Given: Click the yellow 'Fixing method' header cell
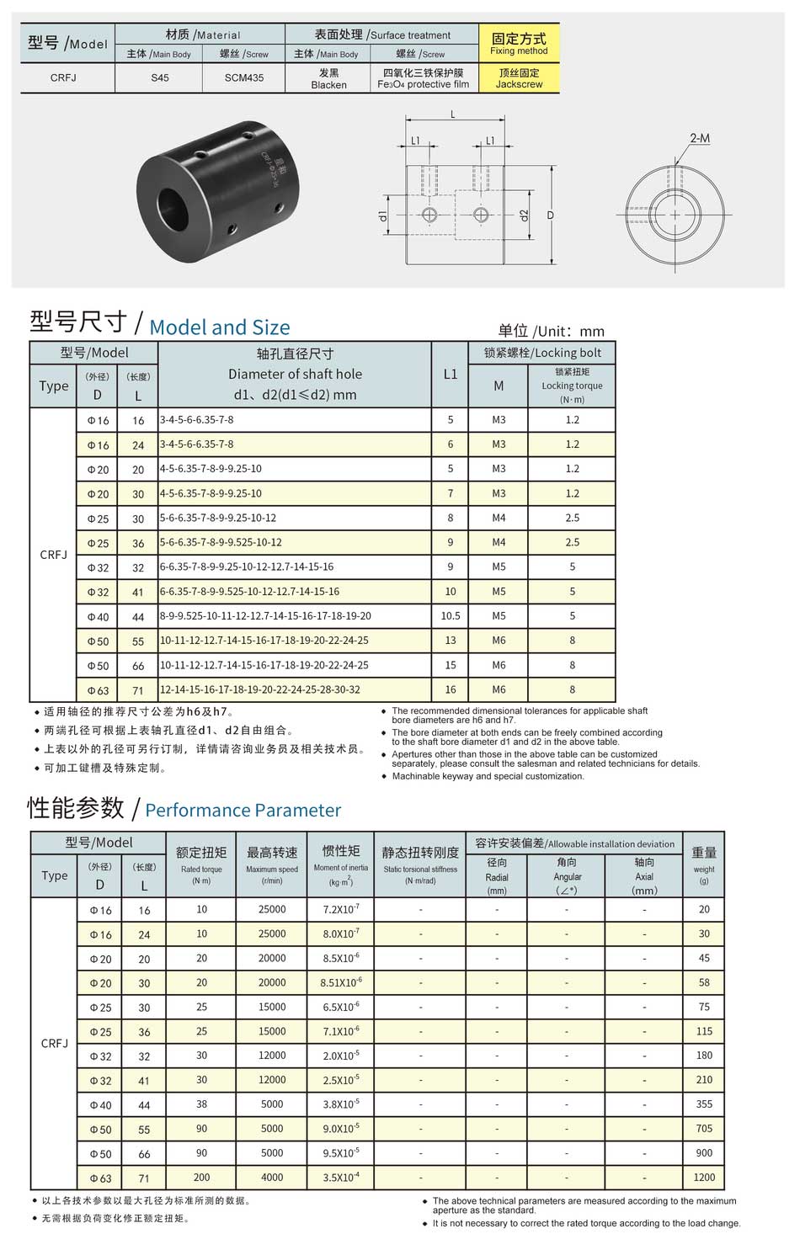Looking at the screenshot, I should pyautogui.click(x=519, y=44).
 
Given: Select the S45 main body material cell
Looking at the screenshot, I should pyautogui.click(x=159, y=77).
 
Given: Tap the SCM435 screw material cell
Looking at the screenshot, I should pyautogui.click(x=243, y=77).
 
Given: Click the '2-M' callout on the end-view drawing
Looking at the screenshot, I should pyautogui.click(x=699, y=138).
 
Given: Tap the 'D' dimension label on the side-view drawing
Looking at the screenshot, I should pyautogui.click(x=551, y=215).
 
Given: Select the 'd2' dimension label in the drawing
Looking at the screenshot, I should pyautogui.click(x=524, y=215).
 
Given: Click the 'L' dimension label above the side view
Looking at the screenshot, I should pyautogui.click(x=453, y=114).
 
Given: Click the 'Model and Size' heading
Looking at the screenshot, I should pyautogui.click(x=219, y=327).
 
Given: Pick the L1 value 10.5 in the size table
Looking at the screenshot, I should pyautogui.click(x=451, y=615).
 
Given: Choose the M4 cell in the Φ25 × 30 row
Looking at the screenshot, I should pyautogui.click(x=499, y=518).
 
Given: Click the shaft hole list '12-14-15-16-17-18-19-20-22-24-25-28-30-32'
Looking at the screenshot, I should pyautogui.click(x=260, y=689).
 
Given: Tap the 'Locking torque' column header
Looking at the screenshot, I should pyautogui.click(x=572, y=385).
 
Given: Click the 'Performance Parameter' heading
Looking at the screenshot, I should pyautogui.click(x=243, y=810).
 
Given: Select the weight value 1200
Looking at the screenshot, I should pyautogui.click(x=704, y=1178).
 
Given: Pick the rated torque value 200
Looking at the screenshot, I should pyautogui.click(x=201, y=1178).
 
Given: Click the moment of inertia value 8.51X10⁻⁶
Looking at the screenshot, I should pyautogui.click(x=341, y=982).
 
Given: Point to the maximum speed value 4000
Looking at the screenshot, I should pyautogui.click(x=272, y=1178).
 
